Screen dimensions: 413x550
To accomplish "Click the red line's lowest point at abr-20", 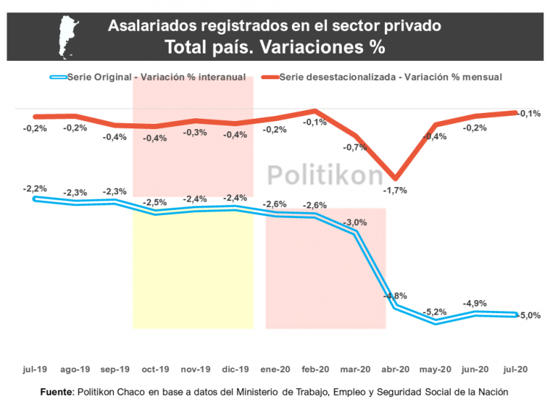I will [x=395, y=178].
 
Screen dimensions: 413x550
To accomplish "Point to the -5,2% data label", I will [x=435, y=311].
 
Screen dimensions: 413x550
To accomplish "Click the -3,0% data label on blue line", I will [x=355, y=222].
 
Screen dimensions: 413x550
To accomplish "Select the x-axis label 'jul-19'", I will [x=35, y=369].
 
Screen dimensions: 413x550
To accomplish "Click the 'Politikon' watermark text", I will [x=324, y=175].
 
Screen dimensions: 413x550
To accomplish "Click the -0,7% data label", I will [x=355, y=147].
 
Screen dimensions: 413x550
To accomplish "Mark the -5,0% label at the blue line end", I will [x=529, y=315].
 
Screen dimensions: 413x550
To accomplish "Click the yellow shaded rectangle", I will [x=193, y=271].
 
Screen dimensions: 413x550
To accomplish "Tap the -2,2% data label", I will [x=35, y=189].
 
